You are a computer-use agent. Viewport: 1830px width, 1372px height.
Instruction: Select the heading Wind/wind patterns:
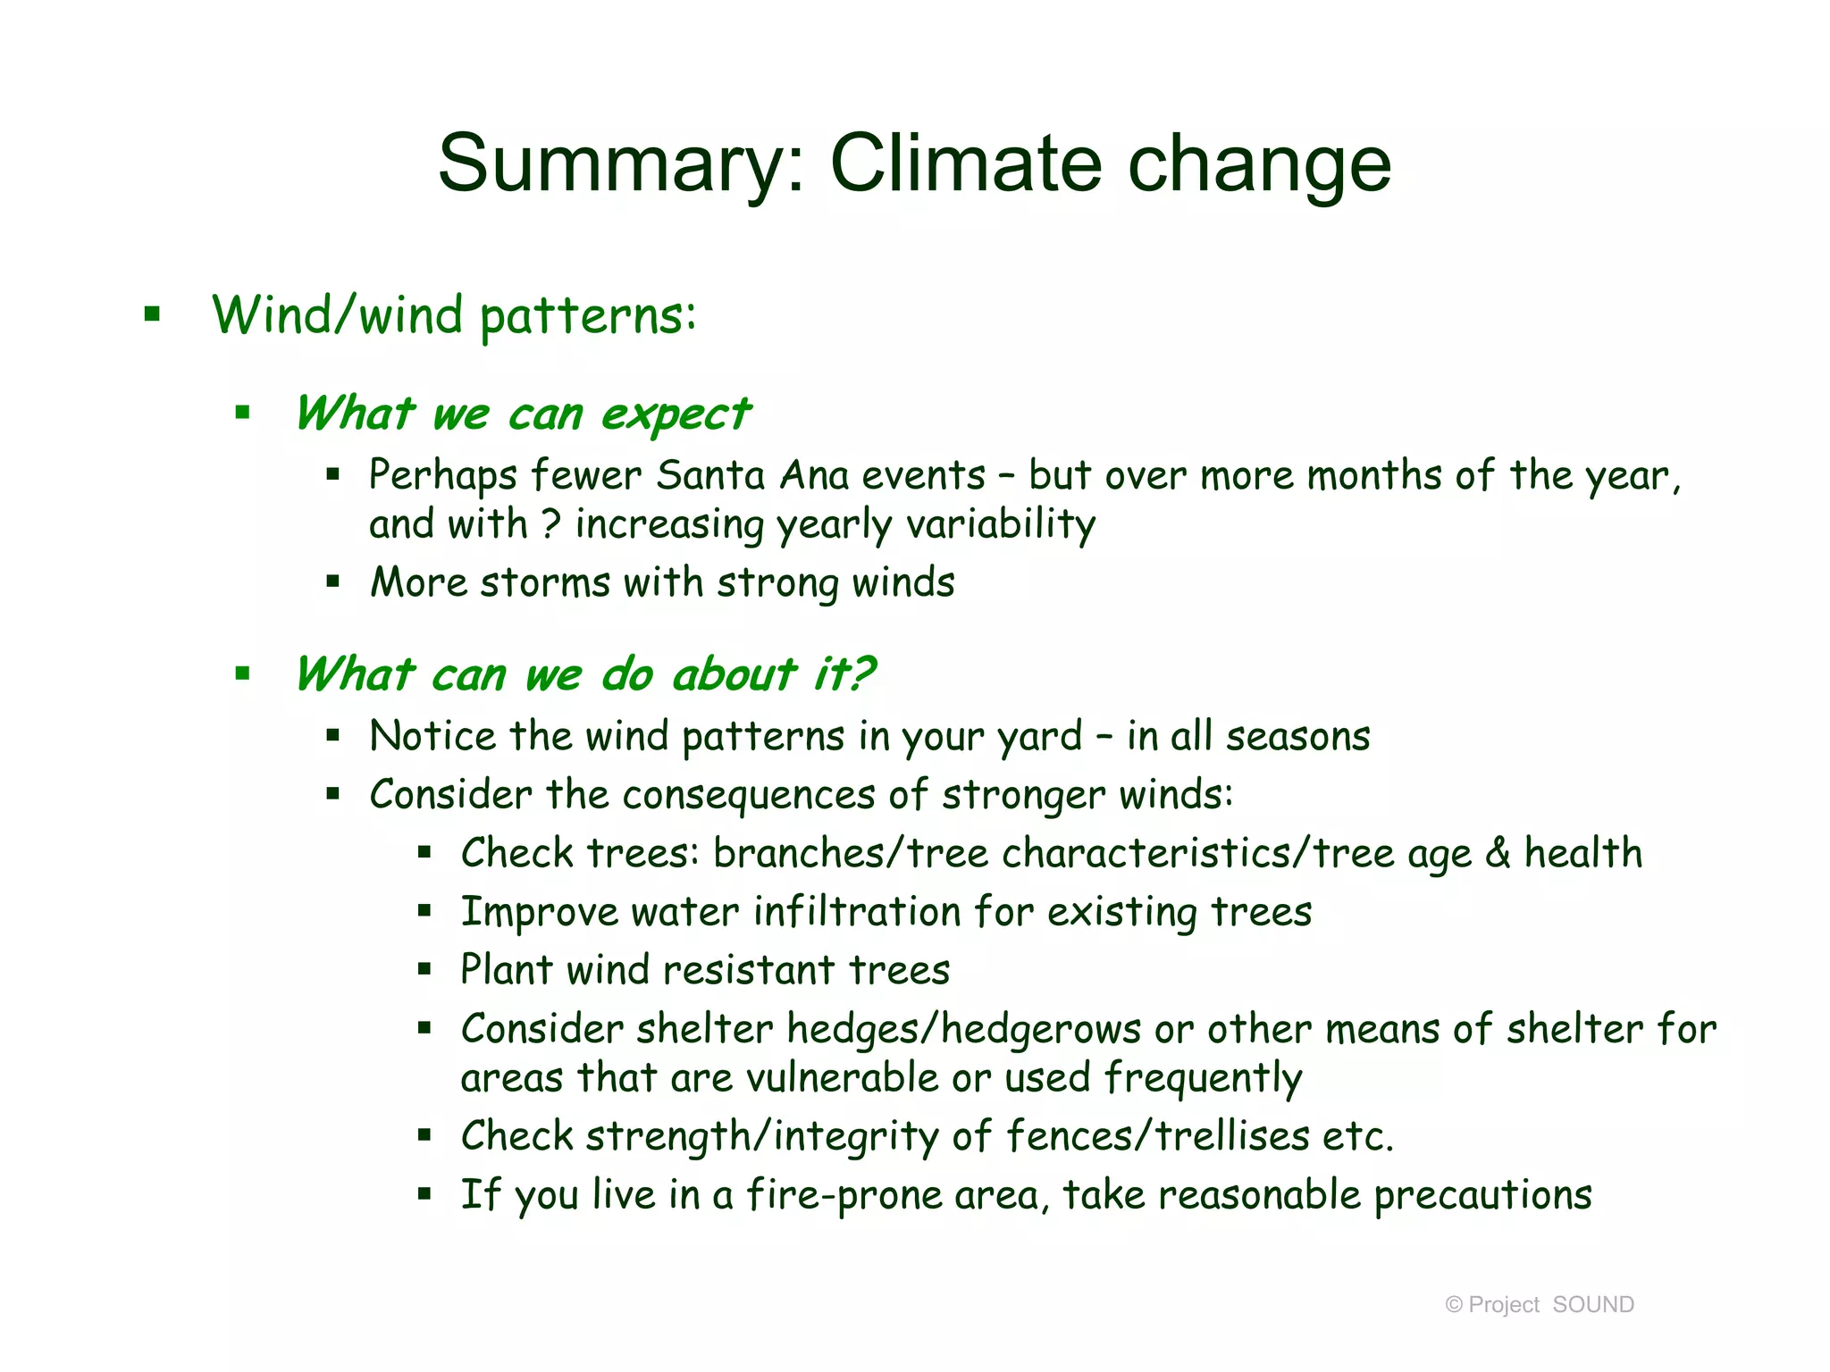point(454,316)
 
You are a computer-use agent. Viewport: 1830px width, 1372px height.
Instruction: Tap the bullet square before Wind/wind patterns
point(153,314)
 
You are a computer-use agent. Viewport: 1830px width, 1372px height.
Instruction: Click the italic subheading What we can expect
point(523,414)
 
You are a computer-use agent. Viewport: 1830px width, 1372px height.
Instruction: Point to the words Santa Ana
point(752,475)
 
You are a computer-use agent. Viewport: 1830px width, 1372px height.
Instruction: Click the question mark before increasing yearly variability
point(551,523)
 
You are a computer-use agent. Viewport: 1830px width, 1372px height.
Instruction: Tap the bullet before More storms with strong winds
point(333,582)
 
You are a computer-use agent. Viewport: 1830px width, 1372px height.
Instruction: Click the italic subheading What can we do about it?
point(585,674)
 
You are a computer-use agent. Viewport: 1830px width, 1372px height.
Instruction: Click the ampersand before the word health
point(1498,853)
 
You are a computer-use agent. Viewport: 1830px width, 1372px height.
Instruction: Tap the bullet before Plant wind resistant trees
point(424,969)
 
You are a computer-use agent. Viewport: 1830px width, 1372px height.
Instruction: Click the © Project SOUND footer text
point(1540,1305)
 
